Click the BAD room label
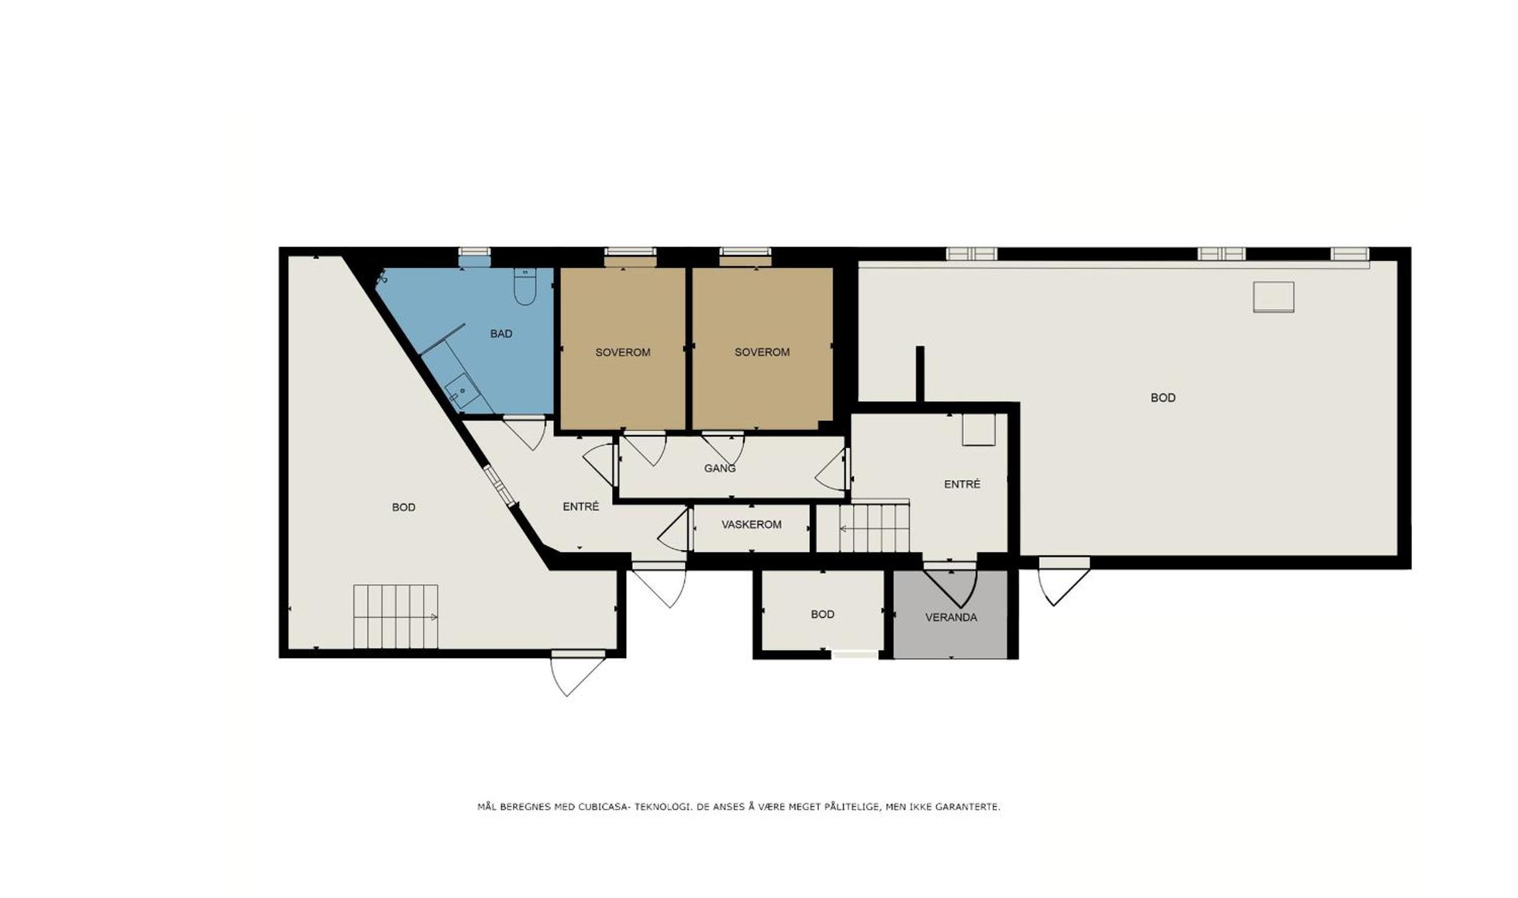click(x=501, y=334)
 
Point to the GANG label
click(x=720, y=468)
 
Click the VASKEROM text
click(x=752, y=525)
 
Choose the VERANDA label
click(x=951, y=618)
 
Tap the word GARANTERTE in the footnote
click(x=968, y=807)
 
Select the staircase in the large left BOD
click(x=396, y=616)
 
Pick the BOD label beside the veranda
click(x=822, y=615)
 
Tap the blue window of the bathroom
click(x=474, y=261)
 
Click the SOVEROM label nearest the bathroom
click(x=622, y=352)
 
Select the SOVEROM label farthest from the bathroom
click(x=762, y=352)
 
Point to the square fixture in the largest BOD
click(x=1274, y=297)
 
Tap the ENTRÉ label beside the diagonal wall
click(x=581, y=507)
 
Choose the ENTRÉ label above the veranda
click(x=962, y=484)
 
